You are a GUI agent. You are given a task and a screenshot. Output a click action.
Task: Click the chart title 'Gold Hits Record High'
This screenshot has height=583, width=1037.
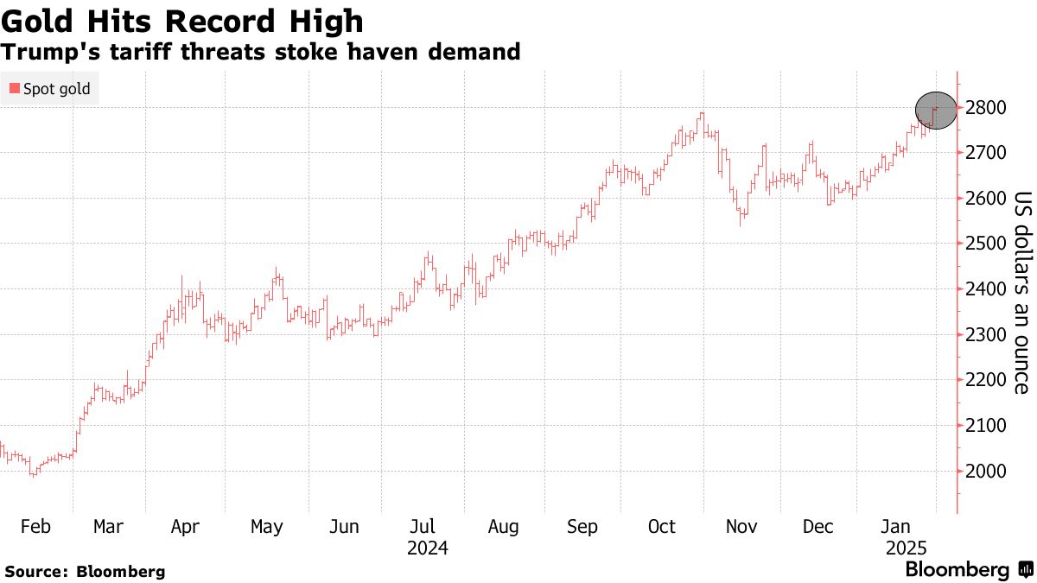click(182, 20)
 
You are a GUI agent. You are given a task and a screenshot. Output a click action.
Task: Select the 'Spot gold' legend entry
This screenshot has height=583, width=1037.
click(50, 89)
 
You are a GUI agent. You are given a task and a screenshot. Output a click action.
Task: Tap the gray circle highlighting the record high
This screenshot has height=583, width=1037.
click(936, 111)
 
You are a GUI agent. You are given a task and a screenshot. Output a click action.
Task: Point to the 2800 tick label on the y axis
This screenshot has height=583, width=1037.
click(984, 108)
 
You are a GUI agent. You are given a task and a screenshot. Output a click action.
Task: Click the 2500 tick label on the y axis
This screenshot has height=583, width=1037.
click(984, 244)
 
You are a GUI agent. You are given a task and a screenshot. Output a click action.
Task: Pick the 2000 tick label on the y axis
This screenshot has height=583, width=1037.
click(984, 471)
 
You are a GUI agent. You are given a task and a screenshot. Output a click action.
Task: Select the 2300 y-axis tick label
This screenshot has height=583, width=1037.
click(984, 335)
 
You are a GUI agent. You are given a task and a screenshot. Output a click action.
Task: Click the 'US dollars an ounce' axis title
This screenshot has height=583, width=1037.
click(1022, 292)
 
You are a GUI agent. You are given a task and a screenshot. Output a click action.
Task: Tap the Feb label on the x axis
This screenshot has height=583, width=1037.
click(35, 527)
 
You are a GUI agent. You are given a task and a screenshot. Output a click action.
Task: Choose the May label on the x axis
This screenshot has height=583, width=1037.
click(266, 527)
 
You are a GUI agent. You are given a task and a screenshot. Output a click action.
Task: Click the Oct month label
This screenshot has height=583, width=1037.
click(662, 527)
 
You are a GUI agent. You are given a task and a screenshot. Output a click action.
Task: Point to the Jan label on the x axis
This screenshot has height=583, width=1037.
click(895, 527)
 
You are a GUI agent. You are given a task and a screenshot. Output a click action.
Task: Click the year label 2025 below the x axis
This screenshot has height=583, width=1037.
click(907, 548)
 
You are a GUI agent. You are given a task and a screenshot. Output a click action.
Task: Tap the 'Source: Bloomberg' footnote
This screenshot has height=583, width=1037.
click(85, 571)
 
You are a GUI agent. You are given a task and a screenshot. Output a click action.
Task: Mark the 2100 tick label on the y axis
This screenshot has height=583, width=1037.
click(984, 426)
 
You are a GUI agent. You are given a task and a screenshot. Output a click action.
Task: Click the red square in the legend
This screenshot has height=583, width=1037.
click(15, 89)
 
